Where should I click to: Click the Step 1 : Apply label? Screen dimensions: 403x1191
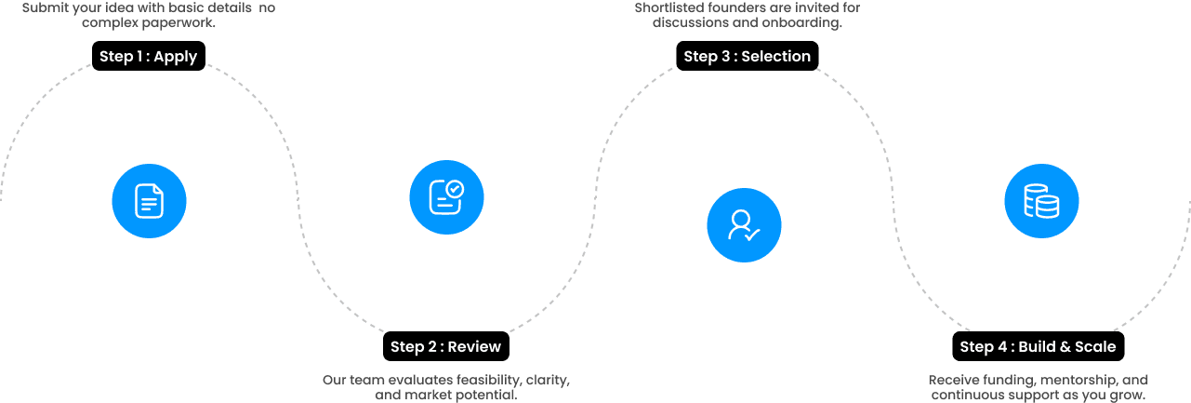pyautogui.click(x=148, y=56)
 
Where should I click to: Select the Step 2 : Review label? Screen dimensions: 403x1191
pyautogui.click(x=445, y=346)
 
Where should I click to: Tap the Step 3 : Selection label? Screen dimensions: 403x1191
pyautogui.click(x=747, y=56)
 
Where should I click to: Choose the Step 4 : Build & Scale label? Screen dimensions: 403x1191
pyautogui.click(x=1038, y=346)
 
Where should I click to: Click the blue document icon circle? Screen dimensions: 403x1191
pyautogui.click(x=149, y=201)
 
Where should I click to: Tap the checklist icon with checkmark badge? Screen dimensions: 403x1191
pyautogui.click(x=446, y=196)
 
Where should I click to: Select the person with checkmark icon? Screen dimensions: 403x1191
pyautogui.click(x=744, y=225)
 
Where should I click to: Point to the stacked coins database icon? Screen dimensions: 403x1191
pyautogui.click(x=1041, y=201)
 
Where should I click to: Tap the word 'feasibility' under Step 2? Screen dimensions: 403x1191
pyautogui.click(x=486, y=381)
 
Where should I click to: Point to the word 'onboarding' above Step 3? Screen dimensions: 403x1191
pyautogui.click(x=799, y=22)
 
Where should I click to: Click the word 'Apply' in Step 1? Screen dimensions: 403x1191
pyautogui.click(x=175, y=56)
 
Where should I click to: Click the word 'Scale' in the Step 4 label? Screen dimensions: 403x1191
pyautogui.click(x=1094, y=346)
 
